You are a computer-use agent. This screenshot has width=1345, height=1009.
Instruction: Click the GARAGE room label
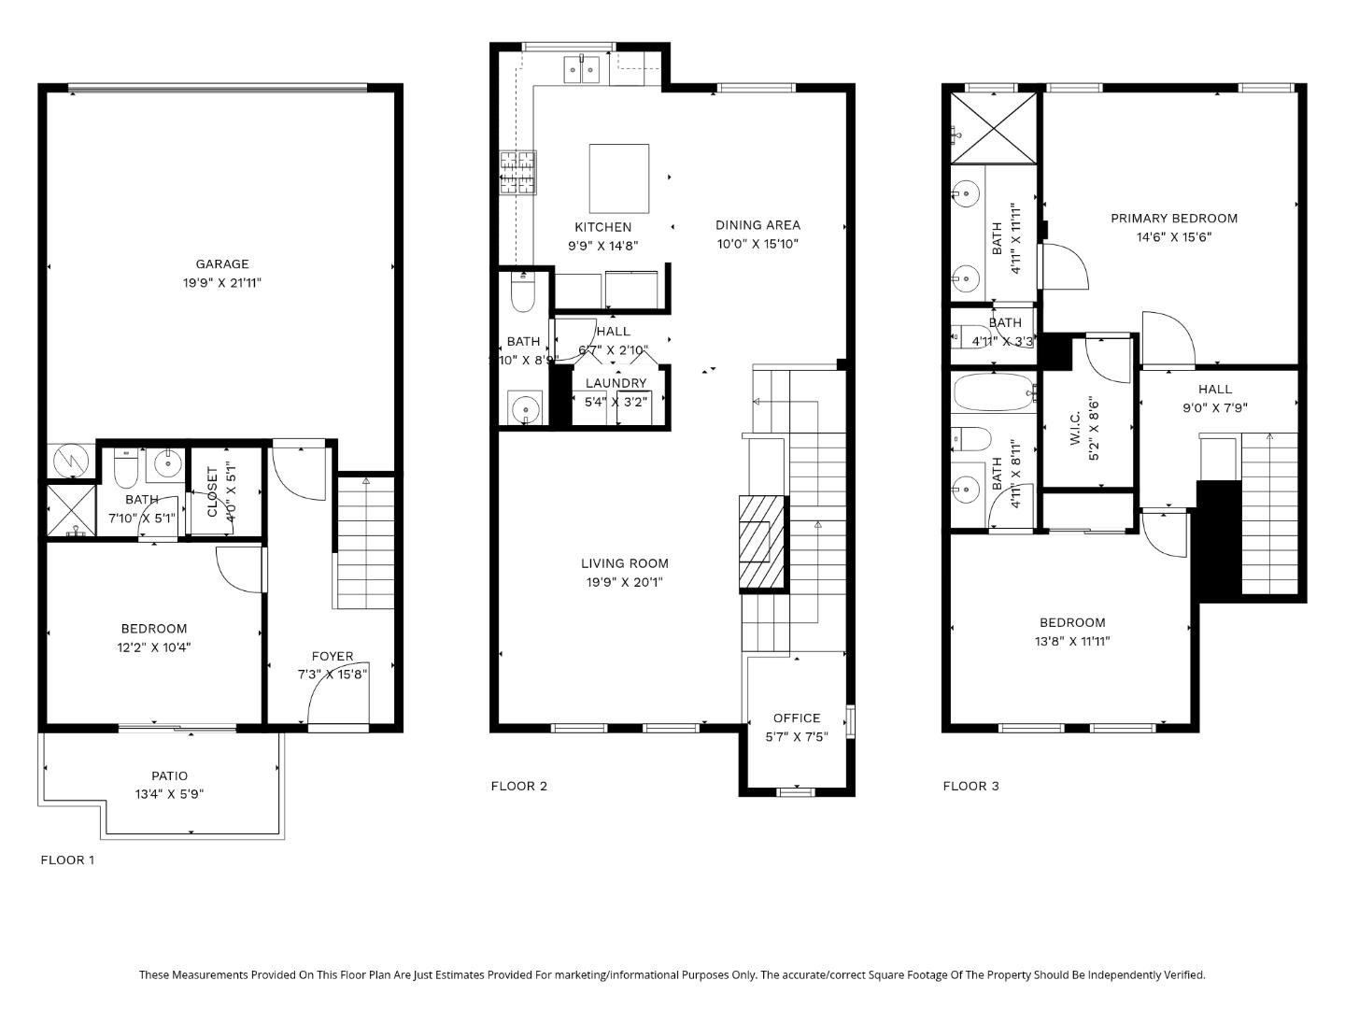(x=222, y=264)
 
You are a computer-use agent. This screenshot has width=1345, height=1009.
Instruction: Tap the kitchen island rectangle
(x=618, y=178)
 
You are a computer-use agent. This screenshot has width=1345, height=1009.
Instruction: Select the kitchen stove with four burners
(x=518, y=173)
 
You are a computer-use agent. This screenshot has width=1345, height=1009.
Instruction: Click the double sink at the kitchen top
(x=582, y=69)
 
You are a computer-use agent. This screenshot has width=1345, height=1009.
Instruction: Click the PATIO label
(x=169, y=775)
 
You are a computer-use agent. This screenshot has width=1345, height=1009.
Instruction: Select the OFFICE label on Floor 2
(x=797, y=718)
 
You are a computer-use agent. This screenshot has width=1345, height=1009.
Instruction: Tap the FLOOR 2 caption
(x=518, y=786)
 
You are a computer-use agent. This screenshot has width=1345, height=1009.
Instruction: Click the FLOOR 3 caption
(x=970, y=786)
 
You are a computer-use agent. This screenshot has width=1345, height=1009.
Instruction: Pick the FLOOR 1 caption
(x=67, y=860)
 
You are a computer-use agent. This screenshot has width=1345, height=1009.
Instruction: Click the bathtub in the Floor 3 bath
(x=994, y=392)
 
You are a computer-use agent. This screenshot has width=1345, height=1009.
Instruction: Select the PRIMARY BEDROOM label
(x=1173, y=219)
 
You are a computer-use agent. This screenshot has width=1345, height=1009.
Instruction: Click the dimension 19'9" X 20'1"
(x=625, y=582)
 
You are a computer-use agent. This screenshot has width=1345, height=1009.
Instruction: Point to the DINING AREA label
(x=757, y=225)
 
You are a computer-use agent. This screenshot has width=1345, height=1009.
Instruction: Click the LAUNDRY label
(x=616, y=383)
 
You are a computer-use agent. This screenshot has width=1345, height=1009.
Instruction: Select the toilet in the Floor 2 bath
(x=522, y=293)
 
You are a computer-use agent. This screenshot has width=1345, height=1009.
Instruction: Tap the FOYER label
(x=332, y=657)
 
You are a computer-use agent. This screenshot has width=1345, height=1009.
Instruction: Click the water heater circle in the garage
(x=71, y=459)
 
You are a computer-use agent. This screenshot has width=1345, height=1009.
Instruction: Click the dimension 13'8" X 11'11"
(x=1071, y=642)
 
